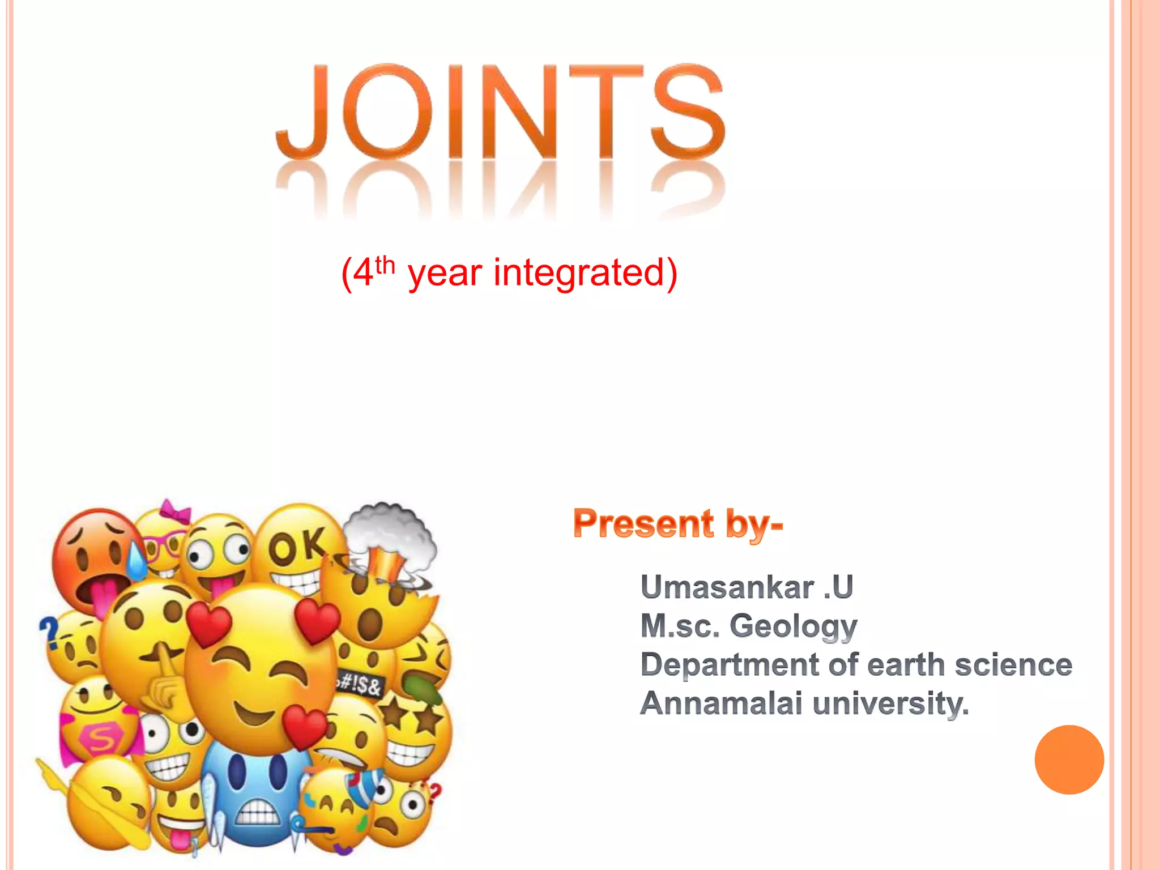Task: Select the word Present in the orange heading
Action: [x=643, y=523]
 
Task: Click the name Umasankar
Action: [x=727, y=587]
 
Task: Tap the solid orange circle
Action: [x=1069, y=760]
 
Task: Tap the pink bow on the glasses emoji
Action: [x=175, y=511]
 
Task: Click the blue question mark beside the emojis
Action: [x=49, y=631]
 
